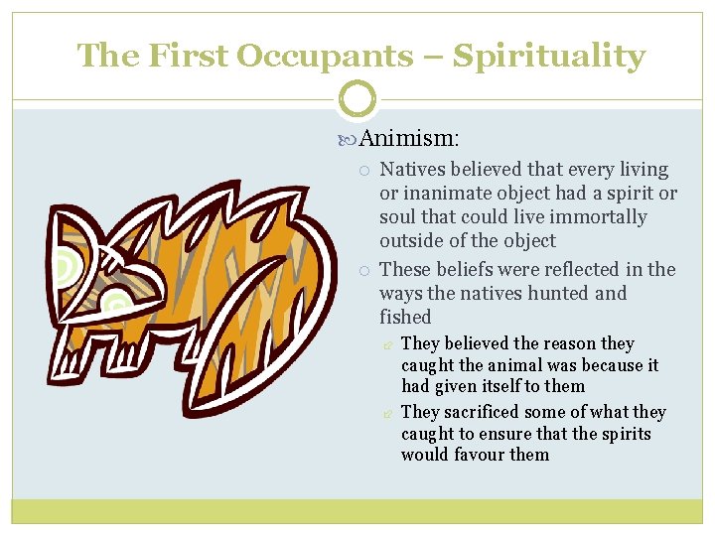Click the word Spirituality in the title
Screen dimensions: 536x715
point(549,56)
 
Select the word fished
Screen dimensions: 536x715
point(405,317)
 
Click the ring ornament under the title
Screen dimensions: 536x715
point(357,99)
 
